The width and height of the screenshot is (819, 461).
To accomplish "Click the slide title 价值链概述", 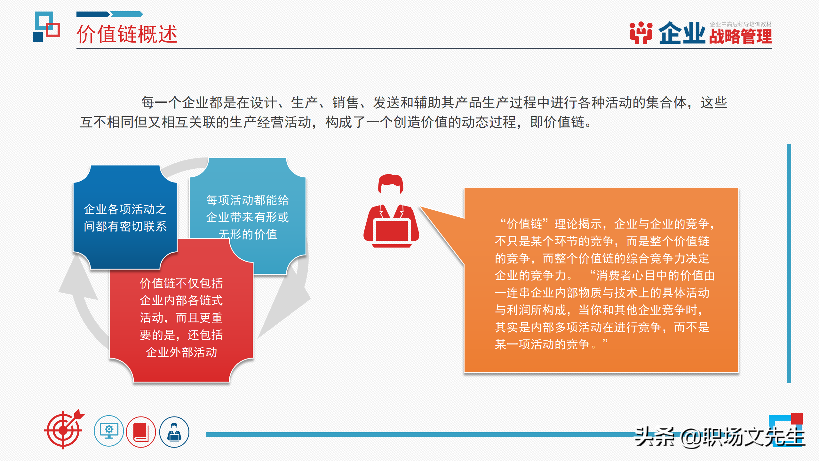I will click(x=127, y=34).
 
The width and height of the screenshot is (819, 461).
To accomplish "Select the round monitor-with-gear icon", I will click(x=109, y=431).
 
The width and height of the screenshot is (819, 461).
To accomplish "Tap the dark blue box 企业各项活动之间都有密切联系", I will click(x=125, y=218).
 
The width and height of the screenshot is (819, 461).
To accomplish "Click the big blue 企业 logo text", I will click(x=681, y=33).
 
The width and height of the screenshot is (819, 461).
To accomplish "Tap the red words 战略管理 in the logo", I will click(x=740, y=36).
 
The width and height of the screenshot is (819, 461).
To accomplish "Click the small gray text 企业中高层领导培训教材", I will click(x=740, y=24).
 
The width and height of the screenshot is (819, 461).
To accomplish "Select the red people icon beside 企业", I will click(x=641, y=33).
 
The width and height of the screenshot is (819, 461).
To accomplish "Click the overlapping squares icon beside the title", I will click(x=47, y=27).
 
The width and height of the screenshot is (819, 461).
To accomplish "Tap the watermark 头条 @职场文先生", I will click(x=720, y=437).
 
